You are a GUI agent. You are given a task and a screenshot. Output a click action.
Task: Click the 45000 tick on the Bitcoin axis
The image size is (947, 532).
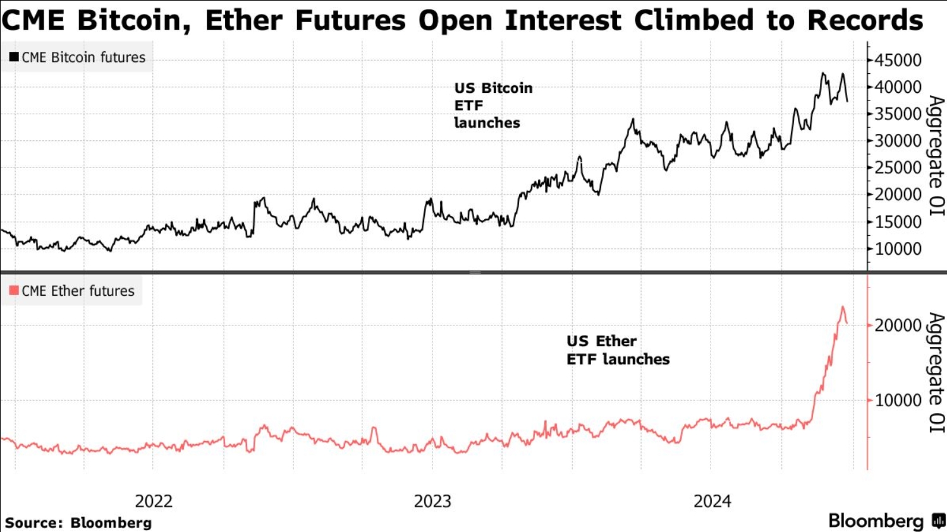(x=898, y=60)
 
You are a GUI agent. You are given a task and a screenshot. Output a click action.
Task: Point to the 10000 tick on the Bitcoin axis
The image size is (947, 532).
(x=898, y=249)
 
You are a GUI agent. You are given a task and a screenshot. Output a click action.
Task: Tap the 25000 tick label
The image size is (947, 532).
(x=898, y=168)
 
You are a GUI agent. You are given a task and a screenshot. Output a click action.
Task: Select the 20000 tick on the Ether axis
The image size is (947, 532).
(x=898, y=325)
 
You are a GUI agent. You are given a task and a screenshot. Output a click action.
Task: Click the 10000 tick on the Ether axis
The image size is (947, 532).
(x=898, y=400)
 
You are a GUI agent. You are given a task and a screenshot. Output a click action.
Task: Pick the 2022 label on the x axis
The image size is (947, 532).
(x=154, y=501)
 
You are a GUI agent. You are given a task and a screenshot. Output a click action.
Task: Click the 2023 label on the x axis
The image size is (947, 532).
(x=432, y=501)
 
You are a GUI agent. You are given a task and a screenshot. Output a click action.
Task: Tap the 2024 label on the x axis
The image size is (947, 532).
(x=712, y=501)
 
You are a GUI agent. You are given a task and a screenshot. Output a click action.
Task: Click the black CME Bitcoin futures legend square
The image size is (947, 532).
(x=14, y=57)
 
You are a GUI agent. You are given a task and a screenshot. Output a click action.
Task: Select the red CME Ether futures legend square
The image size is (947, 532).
(x=14, y=291)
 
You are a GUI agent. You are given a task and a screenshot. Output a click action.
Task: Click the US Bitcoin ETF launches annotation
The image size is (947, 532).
(x=493, y=106)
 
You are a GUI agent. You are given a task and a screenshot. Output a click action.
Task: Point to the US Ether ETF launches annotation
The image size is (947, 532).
(x=618, y=350)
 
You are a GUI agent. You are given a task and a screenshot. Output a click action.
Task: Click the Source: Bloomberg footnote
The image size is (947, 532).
(x=78, y=523)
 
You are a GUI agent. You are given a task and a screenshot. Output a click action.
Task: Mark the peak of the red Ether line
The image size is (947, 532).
(x=842, y=307)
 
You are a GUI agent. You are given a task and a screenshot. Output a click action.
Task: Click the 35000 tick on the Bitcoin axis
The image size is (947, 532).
(x=898, y=114)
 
